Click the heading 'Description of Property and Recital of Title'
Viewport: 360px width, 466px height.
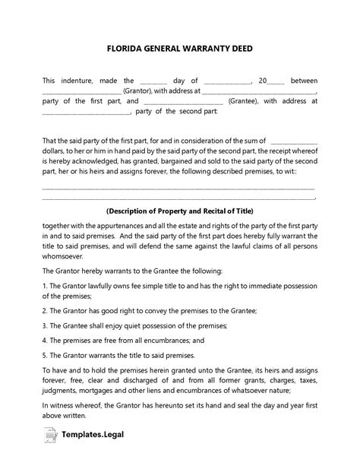coord(179,211)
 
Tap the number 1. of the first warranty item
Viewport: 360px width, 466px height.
coord(45,284)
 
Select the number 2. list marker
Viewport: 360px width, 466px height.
coord(45,312)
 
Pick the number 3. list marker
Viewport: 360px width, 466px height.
coord(45,325)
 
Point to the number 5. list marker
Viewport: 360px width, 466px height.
coord(45,353)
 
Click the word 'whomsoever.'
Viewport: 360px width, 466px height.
coord(64,256)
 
